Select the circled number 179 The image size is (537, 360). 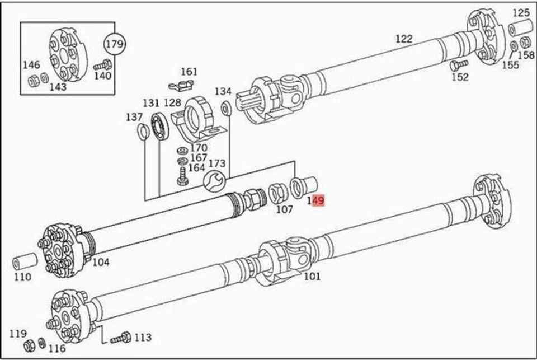coord(116,43)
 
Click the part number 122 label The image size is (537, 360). coord(403,39)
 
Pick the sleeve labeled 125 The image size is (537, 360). coord(522,27)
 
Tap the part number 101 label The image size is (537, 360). coord(312,275)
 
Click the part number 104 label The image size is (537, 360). coord(101,262)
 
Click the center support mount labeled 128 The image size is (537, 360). coord(196,116)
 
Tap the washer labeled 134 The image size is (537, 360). coord(225,107)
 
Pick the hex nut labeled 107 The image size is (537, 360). coord(276,193)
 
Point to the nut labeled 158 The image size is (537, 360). coord(525,43)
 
